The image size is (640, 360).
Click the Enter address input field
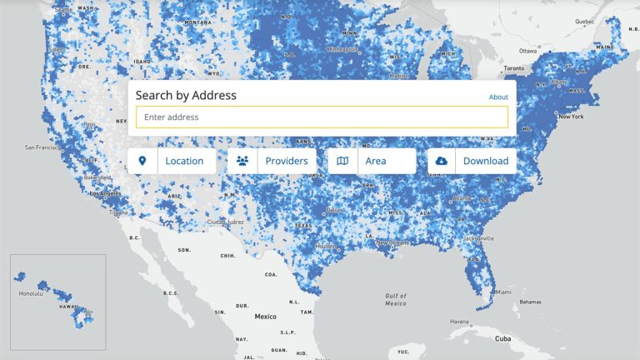click(322, 117)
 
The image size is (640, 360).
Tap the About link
click(498, 97)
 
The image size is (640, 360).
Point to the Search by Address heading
click(186, 95)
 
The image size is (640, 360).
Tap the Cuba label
click(502, 338)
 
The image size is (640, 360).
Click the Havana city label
click(460, 321)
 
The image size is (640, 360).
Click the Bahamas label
click(530, 301)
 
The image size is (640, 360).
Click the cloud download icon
click(441, 161)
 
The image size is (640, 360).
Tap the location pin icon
click(142, 161)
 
